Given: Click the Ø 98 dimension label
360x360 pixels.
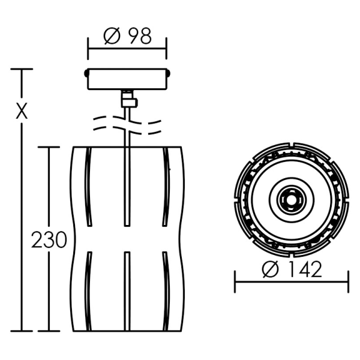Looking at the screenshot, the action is coord(127,36).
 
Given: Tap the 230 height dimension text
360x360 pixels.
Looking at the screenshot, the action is coord(49,239).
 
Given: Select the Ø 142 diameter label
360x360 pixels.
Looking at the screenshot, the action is coord(292,269).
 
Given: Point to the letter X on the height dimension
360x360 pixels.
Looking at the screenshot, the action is coord(22,110).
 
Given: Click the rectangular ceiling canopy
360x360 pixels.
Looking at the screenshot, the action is coord(127,79).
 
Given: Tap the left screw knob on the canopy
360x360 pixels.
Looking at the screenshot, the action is coord(86,73).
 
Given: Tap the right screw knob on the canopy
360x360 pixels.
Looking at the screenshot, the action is coord(169,73).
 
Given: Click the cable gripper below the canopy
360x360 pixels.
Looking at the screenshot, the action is coord(129,99).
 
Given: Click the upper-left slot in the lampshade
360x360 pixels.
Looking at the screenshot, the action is coord(88,187).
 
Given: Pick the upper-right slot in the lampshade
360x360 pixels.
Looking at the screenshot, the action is coord(166,187).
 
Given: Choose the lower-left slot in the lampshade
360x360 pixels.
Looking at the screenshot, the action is coord(88,292).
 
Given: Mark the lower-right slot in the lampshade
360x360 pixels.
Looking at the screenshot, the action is coord(166,292).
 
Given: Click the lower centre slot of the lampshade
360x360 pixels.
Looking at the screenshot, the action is coord(127,292).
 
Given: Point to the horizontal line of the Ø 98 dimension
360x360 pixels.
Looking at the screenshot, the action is coord(127,49).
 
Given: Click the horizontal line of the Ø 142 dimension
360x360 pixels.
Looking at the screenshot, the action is coord(292,281).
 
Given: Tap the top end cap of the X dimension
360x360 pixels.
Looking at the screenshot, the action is coord(22,69).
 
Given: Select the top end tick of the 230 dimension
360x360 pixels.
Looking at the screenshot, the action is coord(49,147).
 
